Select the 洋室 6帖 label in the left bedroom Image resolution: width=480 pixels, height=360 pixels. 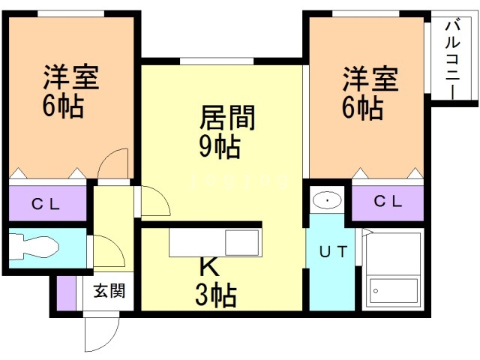point(70,91)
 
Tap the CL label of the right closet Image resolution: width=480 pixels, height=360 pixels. point(388,201)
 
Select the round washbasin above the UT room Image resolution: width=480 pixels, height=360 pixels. point(327,200)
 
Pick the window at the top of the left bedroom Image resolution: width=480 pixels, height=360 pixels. point(70,13)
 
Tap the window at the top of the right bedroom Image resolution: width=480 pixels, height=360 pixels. point(365,13)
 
